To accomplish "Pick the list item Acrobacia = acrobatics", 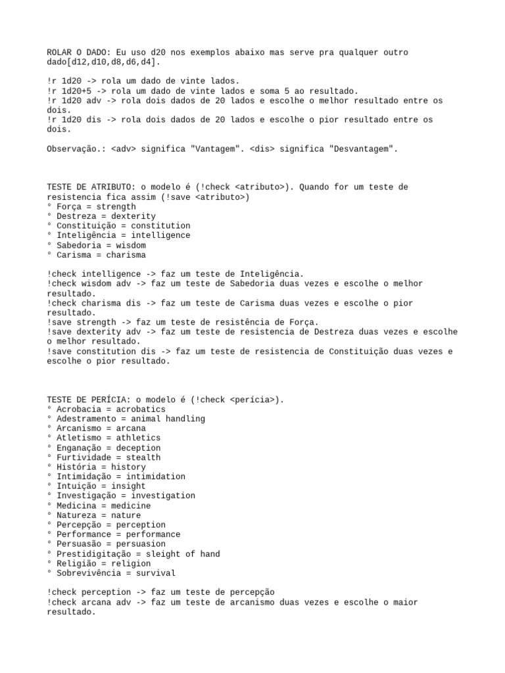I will click(x=106, y=409).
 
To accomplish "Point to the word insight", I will click(x=128, y=486).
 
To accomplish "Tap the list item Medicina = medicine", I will click(x=99, y=505).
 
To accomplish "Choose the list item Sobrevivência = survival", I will click(x=111, y=573).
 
